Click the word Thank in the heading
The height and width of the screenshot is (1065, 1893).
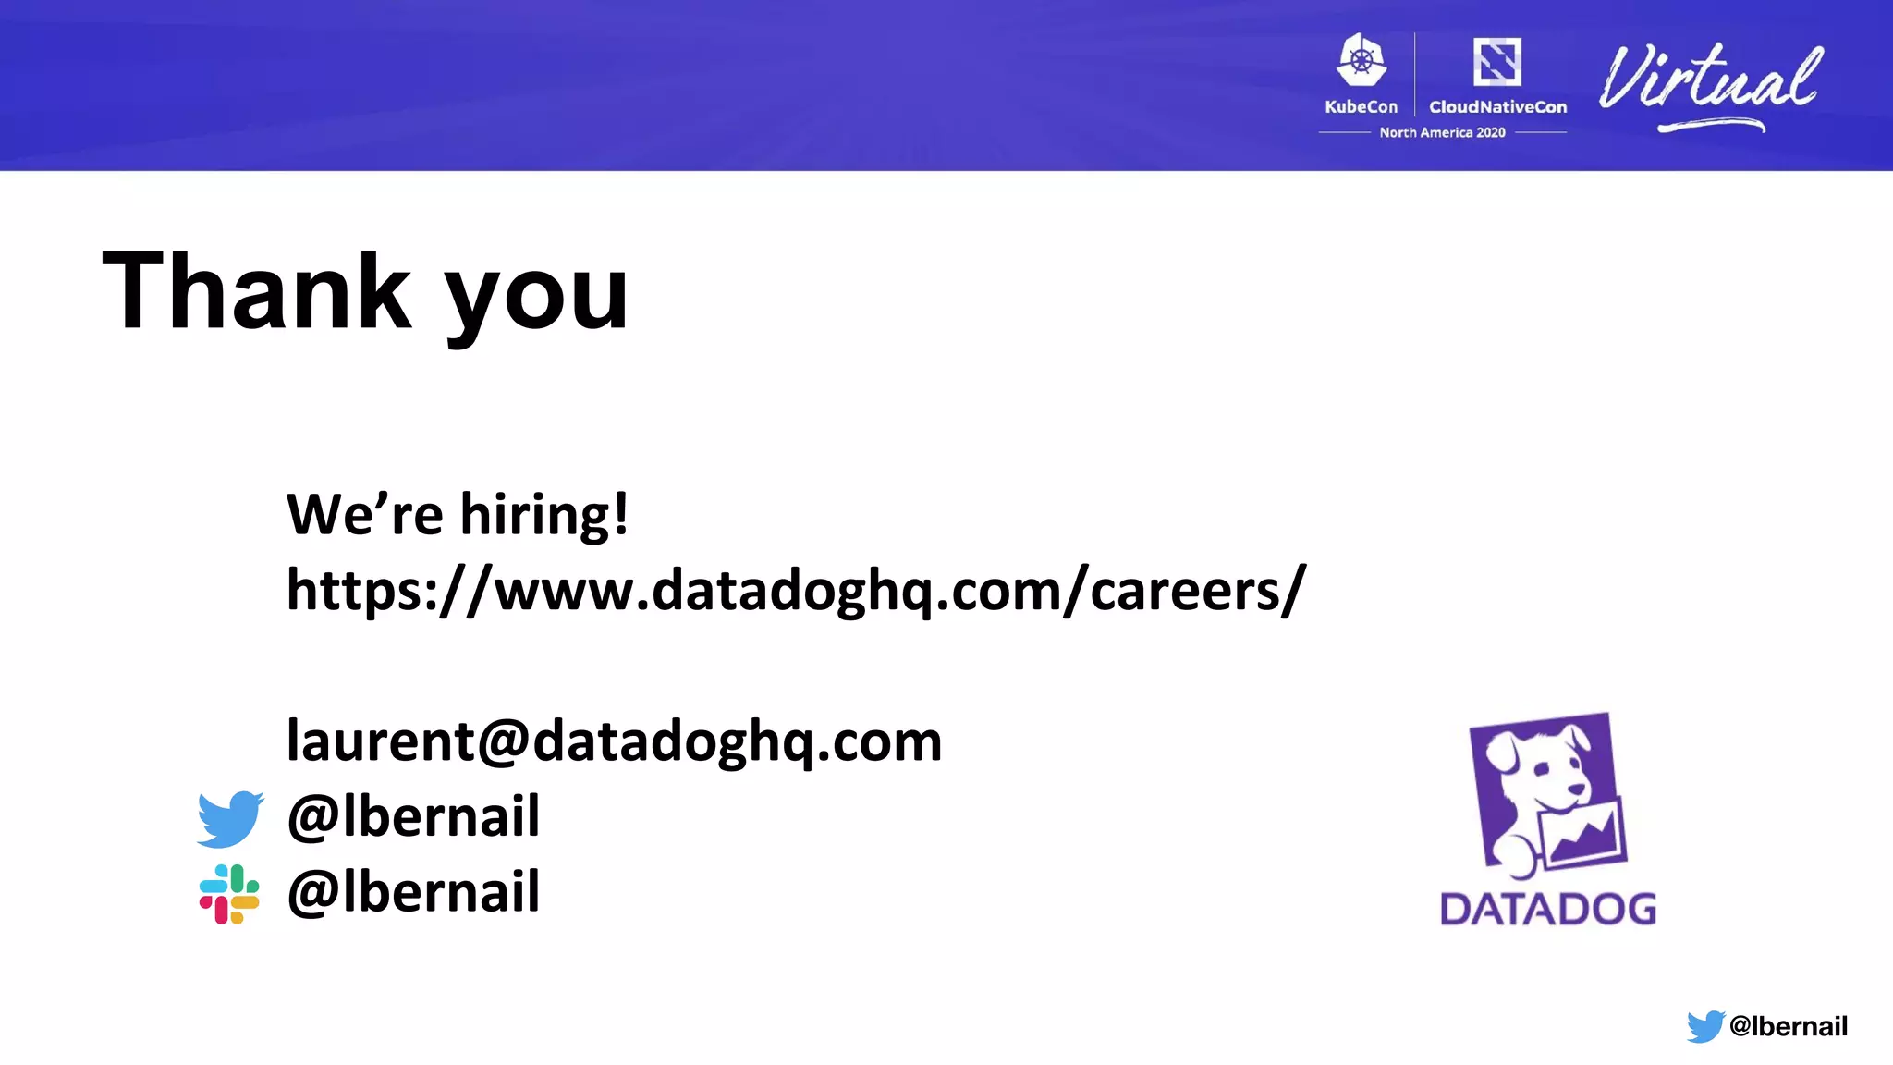(x=257, y=291)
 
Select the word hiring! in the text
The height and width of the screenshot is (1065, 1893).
(x=544, y=514)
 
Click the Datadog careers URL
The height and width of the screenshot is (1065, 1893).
(x=796, y=590)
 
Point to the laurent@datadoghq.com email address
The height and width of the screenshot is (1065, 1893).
(x=614, y=741)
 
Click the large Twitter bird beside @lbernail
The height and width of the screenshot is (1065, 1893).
(x=230, y=818)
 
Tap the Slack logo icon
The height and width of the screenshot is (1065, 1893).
(x=229, y=894)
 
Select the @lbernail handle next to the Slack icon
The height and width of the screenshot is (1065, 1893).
(x=413, y=892)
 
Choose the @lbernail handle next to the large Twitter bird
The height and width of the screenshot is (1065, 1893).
(x=413, y=816)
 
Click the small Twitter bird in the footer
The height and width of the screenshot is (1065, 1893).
(x=1704, y=1026)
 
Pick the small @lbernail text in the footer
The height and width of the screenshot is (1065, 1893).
(x=1788, y=1026)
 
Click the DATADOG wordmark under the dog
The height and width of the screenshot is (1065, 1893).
(x=1548, y=909)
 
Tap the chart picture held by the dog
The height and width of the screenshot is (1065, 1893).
(x=1582, y=831)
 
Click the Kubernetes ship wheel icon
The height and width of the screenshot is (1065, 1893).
(x=1362, y=61)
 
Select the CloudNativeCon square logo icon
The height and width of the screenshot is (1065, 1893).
(x=1497, y=62)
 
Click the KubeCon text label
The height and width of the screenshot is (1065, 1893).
(x=1361, y=107)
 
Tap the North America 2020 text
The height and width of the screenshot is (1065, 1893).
(x=1442, y=133)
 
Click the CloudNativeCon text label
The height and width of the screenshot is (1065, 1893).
(x=1497, y=107)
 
